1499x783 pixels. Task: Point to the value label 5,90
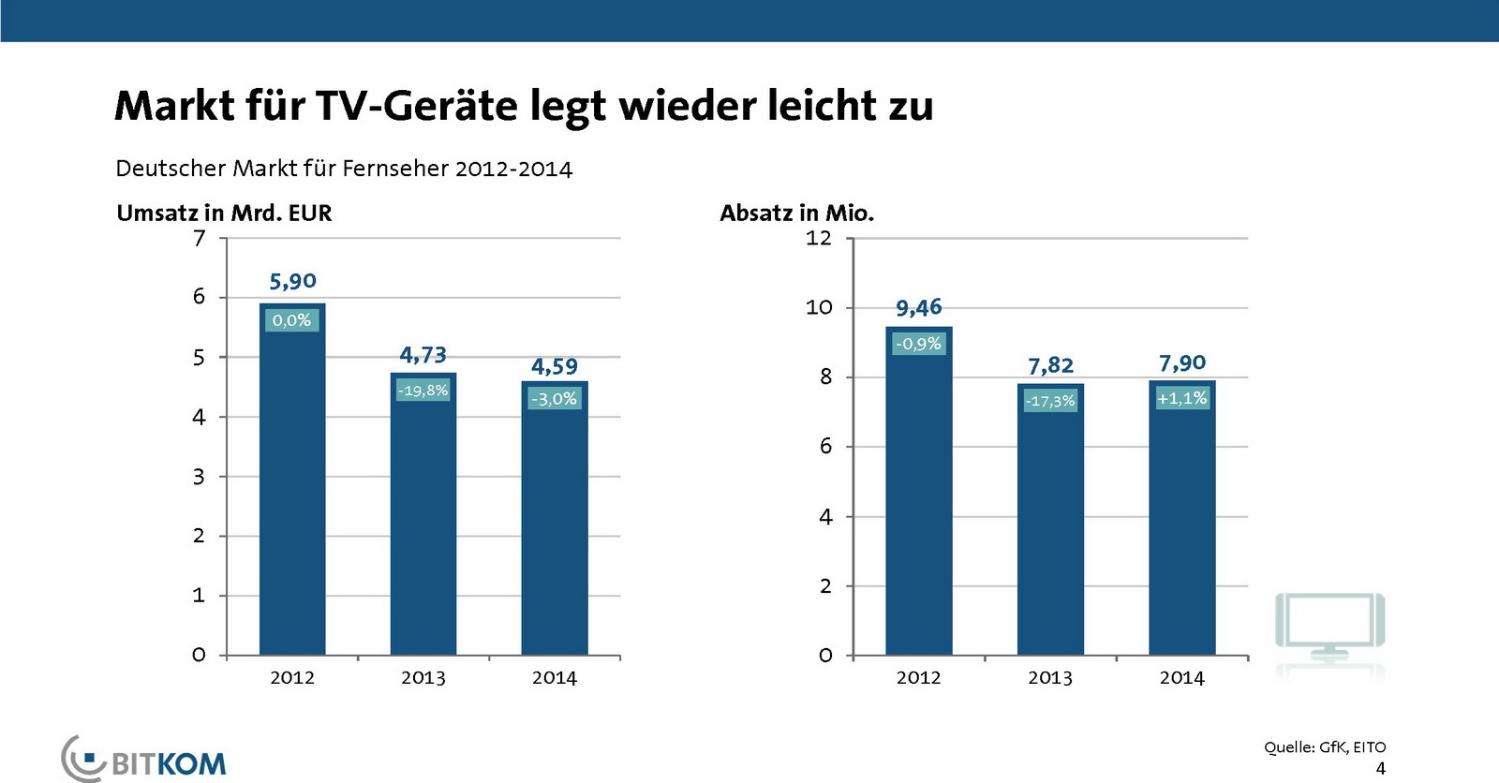point(292,281)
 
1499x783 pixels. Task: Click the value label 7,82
point(1050,365)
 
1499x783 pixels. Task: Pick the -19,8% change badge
point(423,390)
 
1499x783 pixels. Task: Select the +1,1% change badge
point(1181,398)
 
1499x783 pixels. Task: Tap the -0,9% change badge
point(918,344)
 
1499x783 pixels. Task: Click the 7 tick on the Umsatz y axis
point(199,239)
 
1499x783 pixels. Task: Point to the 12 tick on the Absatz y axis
point(818,238)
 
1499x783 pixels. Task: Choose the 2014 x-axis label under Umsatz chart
point(554,677)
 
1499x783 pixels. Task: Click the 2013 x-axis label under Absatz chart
point(1049,677)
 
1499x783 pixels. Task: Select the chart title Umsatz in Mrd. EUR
point(224,213)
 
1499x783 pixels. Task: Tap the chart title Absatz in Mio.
point(796,213)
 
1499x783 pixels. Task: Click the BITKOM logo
point(145,760)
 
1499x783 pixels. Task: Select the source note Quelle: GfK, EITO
point(1324,746)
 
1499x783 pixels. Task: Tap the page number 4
point(1380,768)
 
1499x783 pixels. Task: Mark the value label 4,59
point(554,366)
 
